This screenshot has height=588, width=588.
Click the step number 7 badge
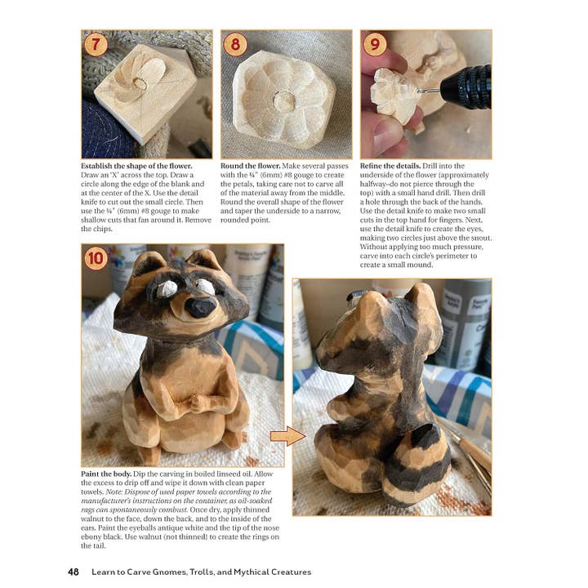(96, 44)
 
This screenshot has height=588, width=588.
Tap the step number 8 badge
(235, 44)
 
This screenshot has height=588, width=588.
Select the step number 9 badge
(375, 44)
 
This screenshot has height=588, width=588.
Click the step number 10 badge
(97, 261)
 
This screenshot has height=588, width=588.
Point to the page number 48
(73, 572)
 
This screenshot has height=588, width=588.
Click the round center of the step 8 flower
(284, 101)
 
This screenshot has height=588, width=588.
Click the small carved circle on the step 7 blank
(140, 83)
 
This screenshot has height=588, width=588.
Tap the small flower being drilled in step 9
(394, 91)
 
